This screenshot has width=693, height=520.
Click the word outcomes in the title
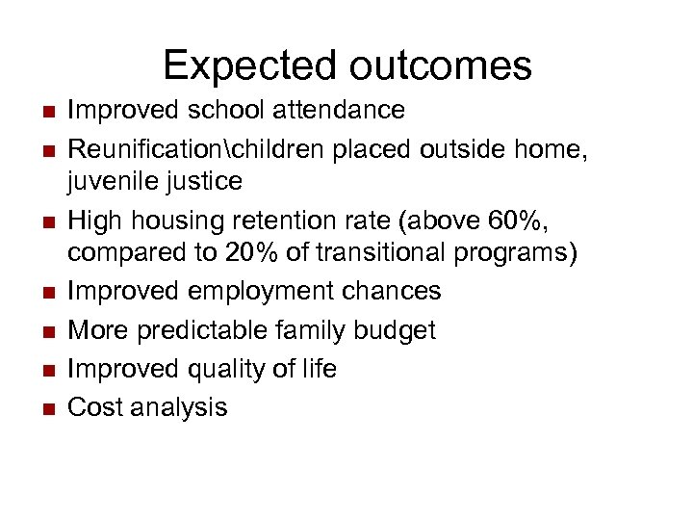(x=441, y=65)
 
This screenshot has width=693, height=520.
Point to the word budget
(x=397, y=330)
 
